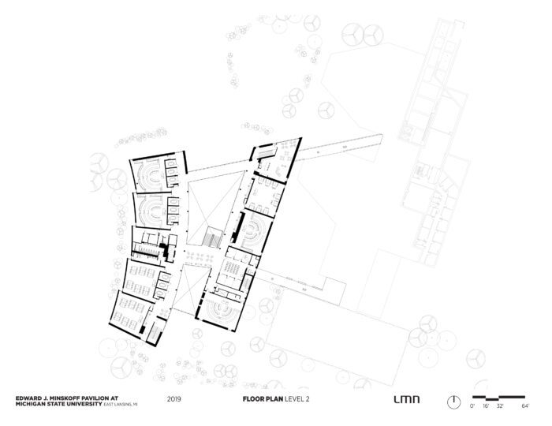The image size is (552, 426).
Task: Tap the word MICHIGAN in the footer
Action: (x=28, y=404)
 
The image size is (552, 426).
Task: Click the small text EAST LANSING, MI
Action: (x=120, y=405)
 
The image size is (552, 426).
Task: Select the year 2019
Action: (x=174, y=399)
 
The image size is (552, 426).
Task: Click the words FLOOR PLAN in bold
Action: (x=263, y=399)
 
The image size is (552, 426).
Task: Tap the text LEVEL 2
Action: (x=297, y=399)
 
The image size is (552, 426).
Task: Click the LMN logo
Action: (x=407, y=399)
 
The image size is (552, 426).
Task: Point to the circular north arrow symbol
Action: (x=453, y=402)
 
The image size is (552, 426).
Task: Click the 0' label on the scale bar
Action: (x=472, y=406)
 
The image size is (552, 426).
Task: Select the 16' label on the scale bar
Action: (x=486, y=406)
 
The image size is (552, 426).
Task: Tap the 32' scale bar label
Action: (x=500, y=406)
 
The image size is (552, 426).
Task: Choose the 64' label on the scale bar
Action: (x=525, y=406)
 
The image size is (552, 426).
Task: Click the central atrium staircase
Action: (x=212, y=237)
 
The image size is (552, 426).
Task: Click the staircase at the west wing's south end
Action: (x=155, y=333)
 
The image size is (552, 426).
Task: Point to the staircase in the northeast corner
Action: (x=267, y=153)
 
